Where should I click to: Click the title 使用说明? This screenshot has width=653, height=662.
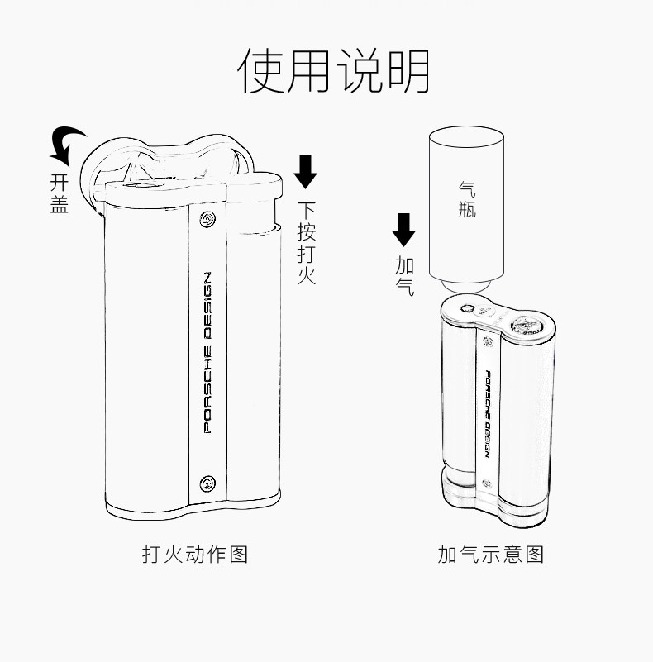coord(334,71)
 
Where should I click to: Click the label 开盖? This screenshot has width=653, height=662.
coord(59,193)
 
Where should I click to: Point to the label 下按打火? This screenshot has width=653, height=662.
coord(306,243)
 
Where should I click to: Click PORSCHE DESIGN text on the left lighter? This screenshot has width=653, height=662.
coord(207,351)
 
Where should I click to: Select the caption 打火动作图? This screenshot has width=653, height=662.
coord(195,554)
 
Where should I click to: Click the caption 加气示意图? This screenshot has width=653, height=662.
coord(491,554)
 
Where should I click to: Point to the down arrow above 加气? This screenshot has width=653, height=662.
coord(404,230)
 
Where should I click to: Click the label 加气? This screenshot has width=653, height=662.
coord(405,276)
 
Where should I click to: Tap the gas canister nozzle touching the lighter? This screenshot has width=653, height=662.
coord(468,302)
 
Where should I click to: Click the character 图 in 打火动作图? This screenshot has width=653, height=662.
coord(238,554)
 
